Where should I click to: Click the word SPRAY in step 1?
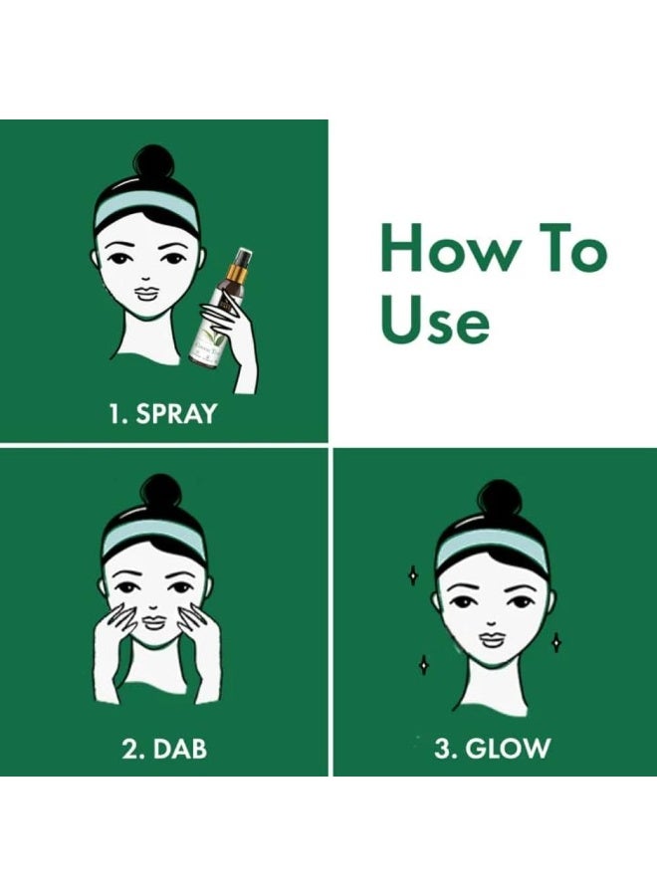[176, 413]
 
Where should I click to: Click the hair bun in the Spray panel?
[154, 163]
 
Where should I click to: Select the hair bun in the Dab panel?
[161, 493]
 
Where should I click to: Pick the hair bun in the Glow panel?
[498, 497]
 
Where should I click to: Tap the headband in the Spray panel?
[145, 212]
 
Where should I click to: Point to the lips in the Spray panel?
[144, 296]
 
